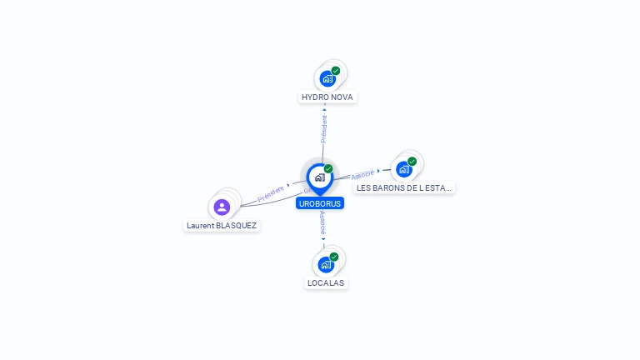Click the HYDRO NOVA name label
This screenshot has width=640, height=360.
(x=327, y=97)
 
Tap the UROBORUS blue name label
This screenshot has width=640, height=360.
(x=320, y=203)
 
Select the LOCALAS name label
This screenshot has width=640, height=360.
(x=325, y=283)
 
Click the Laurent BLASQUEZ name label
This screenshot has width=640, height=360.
(x=222, y=226)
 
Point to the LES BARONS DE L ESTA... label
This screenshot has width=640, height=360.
(x=404, y=188)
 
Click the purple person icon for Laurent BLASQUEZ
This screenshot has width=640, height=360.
(x=222, y=207)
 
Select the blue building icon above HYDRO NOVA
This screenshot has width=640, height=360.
(x=327, y=79)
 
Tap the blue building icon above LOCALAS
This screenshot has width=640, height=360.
(x=325, y=265)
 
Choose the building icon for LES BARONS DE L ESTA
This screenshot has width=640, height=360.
(x=404, y=169)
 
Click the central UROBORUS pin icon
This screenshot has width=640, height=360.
(x=319, y=177)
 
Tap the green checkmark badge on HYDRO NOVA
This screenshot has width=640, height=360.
(x=336, y=71)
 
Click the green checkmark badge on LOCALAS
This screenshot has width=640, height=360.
(x=334, y=257)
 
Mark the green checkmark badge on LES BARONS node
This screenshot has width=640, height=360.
(x=412, y=161)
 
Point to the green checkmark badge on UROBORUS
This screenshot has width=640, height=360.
(x=328, y=169)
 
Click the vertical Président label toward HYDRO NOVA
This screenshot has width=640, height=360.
(x=324, y=128)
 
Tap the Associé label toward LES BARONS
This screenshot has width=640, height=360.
(x=362, y=175)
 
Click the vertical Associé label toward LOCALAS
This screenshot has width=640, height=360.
(x=322, y=223)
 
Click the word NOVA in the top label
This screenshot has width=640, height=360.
(x=342, y=97)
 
